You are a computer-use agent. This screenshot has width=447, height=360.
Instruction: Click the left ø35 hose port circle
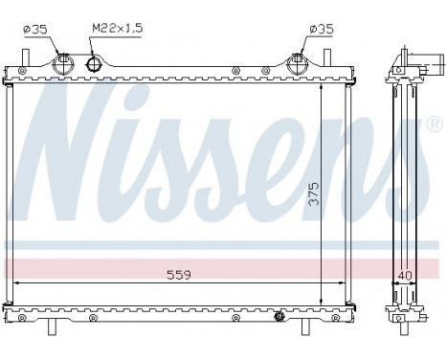65,65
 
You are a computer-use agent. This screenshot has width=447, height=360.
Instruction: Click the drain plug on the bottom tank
279,315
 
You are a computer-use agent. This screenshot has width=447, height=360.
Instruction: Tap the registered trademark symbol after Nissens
436,124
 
